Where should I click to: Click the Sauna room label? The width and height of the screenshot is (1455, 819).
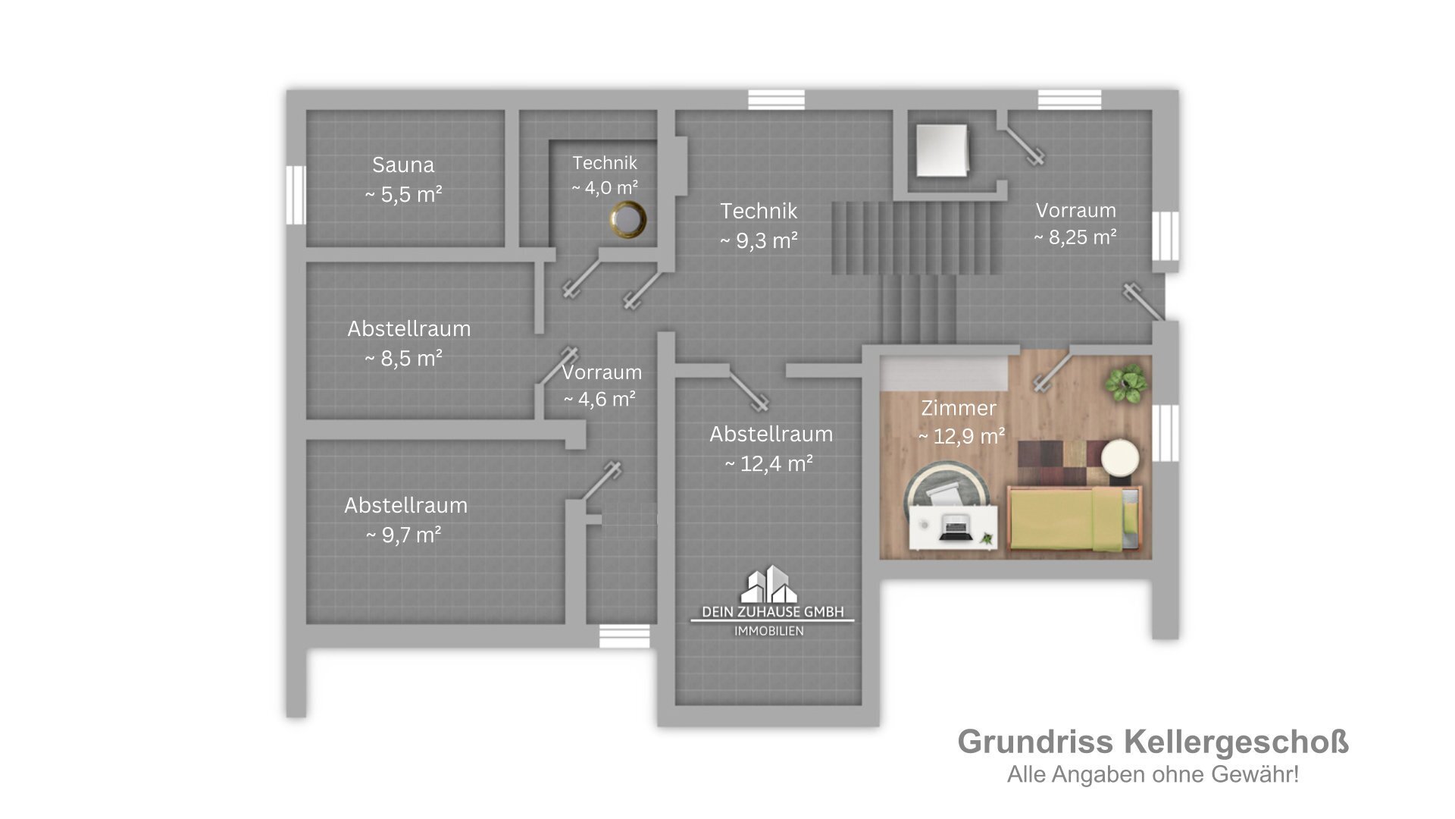pos(403,165)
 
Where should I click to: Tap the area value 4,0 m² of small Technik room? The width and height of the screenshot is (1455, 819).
pos(605,187)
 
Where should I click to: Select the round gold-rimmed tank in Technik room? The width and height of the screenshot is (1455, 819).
pos(628,220)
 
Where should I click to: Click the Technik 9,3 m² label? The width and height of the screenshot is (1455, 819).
pos(759,211)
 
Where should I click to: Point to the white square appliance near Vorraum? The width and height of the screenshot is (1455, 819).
pos(942,149)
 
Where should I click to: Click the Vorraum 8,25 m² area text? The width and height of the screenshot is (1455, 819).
pos(1075,237)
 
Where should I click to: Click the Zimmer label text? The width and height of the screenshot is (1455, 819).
pos(959,408)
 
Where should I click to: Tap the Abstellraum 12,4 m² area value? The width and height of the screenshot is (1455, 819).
pos(769,463)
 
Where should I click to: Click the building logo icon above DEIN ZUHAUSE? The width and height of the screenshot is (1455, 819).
pos(770,584)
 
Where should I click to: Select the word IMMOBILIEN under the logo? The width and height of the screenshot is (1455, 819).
pos(769,631)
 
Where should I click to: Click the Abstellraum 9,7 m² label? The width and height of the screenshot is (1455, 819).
pos(405,506)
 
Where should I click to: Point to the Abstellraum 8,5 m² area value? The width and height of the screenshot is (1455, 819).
pos(403,358)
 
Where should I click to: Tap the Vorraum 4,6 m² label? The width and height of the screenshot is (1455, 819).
pos(602,372)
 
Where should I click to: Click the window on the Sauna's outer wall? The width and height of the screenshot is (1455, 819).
pos(296,194)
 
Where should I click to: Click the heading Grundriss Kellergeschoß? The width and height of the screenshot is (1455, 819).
pos(1153,742)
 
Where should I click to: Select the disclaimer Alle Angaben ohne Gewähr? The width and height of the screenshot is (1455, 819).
pos(1153,774)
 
